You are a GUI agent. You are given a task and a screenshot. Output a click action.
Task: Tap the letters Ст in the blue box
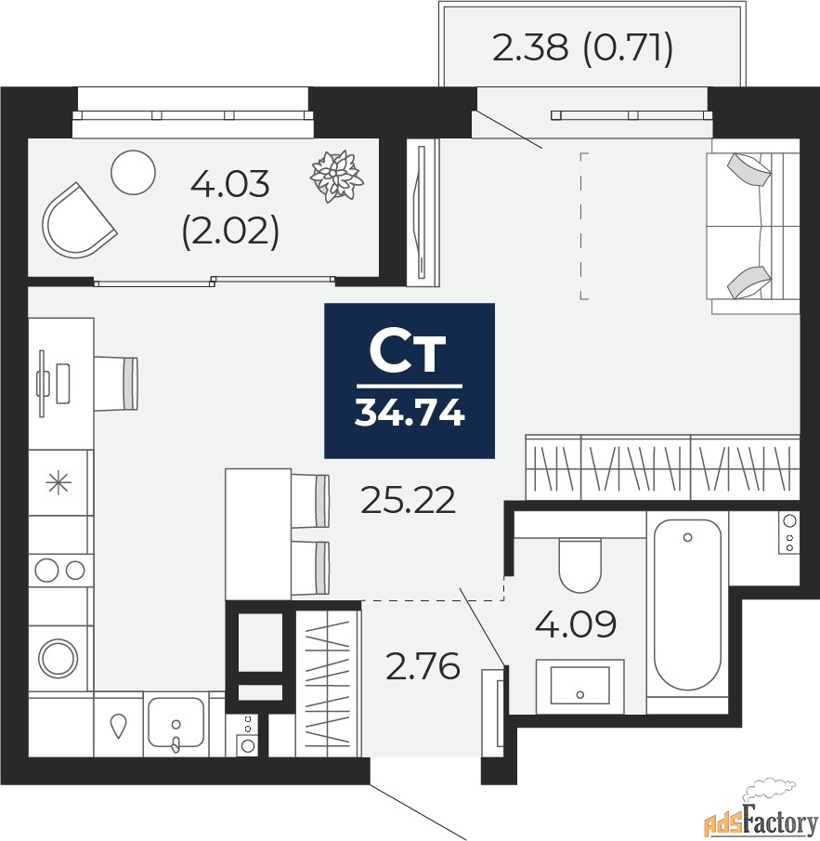409,351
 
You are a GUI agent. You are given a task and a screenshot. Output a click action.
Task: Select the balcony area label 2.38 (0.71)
582,47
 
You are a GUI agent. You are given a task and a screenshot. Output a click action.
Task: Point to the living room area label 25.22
409,502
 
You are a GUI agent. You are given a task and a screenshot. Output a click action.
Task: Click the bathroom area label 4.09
576,624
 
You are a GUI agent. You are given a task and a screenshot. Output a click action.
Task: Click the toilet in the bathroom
581,565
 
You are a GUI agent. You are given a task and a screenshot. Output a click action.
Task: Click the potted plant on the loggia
335,175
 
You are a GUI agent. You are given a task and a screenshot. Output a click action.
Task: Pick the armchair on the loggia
76,221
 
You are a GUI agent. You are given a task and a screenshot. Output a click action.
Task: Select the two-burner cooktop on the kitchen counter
60,569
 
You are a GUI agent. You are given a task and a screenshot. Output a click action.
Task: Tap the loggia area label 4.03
229,185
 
